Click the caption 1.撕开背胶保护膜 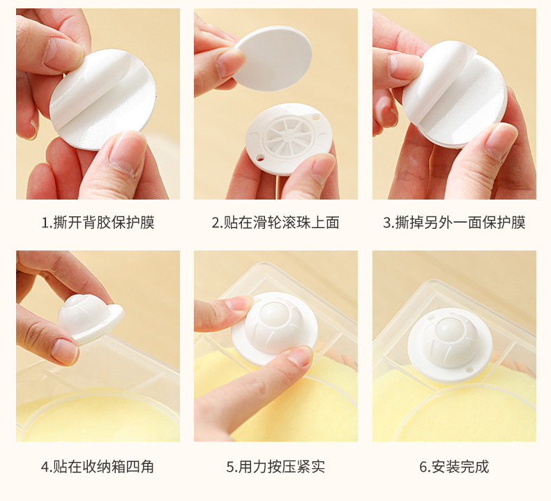98,223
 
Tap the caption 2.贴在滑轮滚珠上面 275,223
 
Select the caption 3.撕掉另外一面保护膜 454,223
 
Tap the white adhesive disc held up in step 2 273,58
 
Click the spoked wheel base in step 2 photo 288,135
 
